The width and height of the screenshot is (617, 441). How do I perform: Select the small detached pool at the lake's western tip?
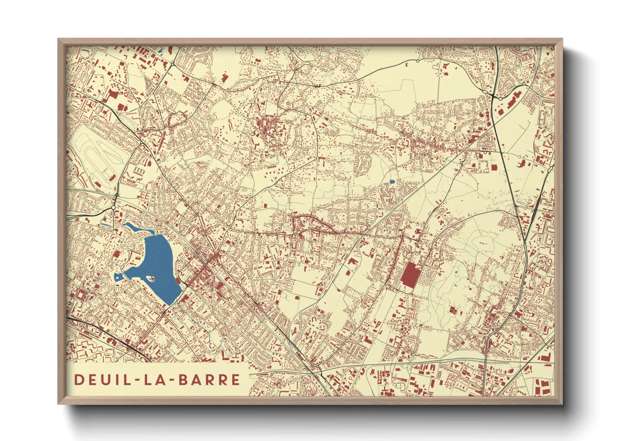pos(118,276)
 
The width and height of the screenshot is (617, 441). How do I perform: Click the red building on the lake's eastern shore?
pos(179,281)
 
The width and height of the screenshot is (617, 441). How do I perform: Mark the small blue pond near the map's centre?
pos(392,182)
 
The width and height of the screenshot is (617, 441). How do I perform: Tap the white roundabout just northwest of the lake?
pos(113,207)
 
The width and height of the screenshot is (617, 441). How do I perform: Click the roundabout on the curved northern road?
pos(418,61)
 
